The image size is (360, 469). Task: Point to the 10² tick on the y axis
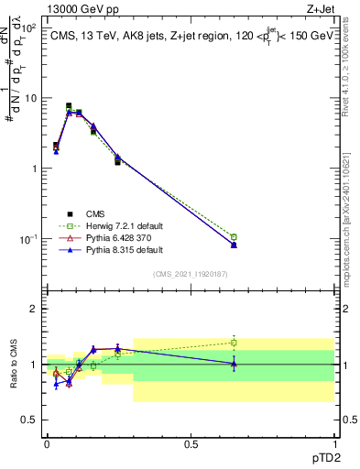tap(30, 27)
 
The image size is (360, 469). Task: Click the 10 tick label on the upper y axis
tap(31, 98)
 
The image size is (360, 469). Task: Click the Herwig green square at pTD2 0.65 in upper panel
tap(234, 237)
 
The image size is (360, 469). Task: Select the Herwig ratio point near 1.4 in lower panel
tap(234, 343)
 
